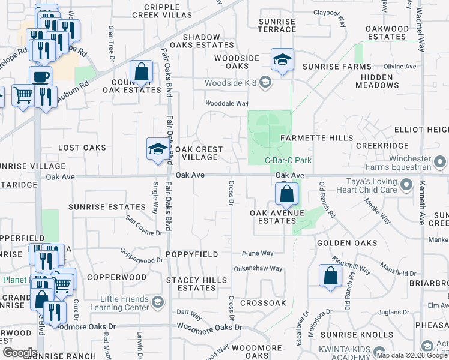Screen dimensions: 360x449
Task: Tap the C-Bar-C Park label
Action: click(288, 161)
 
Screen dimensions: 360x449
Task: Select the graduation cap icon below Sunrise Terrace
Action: click(282, 59)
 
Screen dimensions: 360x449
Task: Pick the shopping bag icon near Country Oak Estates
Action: click(141, 72)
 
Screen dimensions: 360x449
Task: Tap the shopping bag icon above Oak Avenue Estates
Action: click(287, 194)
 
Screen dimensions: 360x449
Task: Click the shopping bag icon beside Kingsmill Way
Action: click(330, 275)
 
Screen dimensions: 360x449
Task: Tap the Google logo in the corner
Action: click(19, 352)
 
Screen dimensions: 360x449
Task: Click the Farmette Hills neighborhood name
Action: click(317, 138)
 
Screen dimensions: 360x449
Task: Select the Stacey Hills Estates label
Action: click(197, 284)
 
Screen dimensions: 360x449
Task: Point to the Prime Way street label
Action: click(258, 253)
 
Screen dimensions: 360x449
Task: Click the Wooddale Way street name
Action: click(226, 103)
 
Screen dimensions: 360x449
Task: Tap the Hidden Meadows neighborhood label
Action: click(377, 82)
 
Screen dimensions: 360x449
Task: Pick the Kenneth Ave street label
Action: click(422, 204)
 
